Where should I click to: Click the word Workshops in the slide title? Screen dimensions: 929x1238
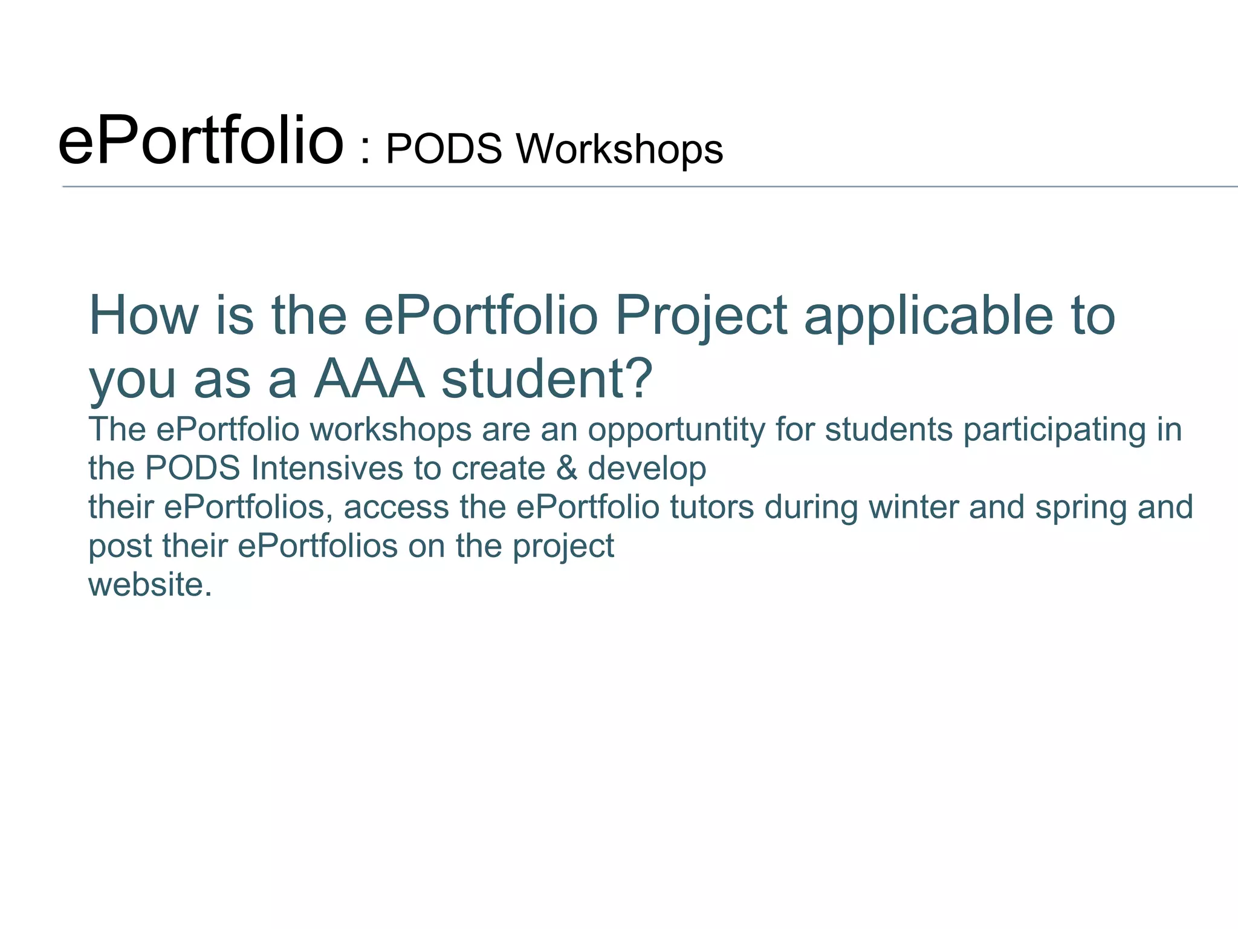[619, 149]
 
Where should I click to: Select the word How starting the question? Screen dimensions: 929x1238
[143, 315]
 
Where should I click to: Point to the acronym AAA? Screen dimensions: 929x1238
[369, 379]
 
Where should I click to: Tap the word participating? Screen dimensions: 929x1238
[1054, 430]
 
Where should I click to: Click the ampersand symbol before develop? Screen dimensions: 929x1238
[566, 468]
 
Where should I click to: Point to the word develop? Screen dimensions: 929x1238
[647, 469]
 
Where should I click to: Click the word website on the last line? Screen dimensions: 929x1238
[149, 584]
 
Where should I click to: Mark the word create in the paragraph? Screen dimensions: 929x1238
[498, 468]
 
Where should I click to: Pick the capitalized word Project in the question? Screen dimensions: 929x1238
[701, 316]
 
